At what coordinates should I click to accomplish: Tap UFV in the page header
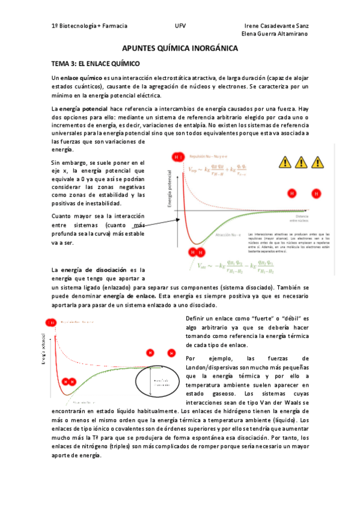(180, 26)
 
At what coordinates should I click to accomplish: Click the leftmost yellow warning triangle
(284, 162)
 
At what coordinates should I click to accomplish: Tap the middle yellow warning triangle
(301, 162)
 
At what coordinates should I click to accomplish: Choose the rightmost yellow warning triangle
(318, 162)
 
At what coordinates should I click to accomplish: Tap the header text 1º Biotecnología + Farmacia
(90, 26)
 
